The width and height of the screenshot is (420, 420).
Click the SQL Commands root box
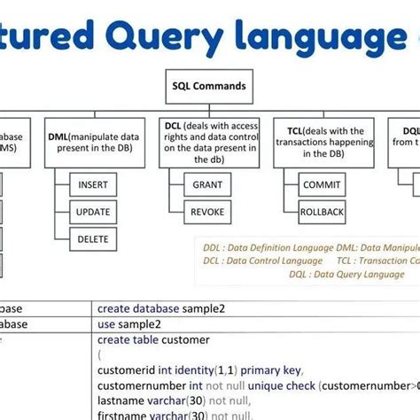point(208,87)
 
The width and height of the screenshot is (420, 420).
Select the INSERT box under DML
point(92,184)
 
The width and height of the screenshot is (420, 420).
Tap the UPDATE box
point(92,212)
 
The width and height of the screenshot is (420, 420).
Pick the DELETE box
point(92,238)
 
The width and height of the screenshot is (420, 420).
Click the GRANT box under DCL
point(207,184)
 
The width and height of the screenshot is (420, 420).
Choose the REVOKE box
point(207,212)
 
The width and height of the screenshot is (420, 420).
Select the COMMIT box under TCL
point(321,184)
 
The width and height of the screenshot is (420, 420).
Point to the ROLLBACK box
point(321,212)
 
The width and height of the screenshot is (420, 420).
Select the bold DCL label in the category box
point(174,126)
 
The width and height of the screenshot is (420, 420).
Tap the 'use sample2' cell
point(128,324)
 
